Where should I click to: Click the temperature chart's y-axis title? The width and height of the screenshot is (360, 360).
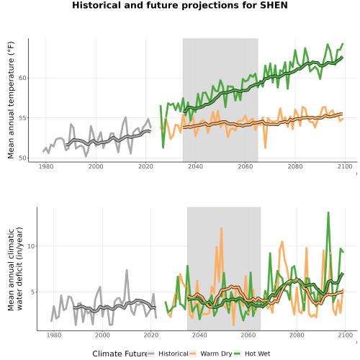click(11, 100)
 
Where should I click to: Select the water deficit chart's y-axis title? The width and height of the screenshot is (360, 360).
click(15, 269)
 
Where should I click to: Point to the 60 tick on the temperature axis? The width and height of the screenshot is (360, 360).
click(22, 78)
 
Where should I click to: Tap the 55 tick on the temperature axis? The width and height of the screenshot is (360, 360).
click(22, 118)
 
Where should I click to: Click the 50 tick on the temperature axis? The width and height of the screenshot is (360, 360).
click(22, 158)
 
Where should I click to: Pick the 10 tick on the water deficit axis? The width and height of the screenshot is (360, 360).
click(31, 246)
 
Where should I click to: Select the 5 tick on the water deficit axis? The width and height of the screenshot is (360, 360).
click(33, 292)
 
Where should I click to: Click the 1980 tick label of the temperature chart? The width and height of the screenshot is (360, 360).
click(46, 166)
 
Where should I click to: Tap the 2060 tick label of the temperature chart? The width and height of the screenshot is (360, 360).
click(246, 166)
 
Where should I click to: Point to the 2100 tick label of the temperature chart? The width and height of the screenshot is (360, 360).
click(345, 166)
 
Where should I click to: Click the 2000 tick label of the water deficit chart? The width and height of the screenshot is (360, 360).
click(102, 335)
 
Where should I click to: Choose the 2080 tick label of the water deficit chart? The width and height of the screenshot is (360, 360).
click(297, 335)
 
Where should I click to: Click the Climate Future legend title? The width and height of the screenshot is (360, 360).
click(120, 354)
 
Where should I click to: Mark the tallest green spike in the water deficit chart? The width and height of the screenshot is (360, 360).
click(328, 212)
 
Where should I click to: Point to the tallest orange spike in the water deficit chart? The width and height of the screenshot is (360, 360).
click(221, 228)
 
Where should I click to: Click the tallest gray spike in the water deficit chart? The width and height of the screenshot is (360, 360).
click(127, 270)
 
